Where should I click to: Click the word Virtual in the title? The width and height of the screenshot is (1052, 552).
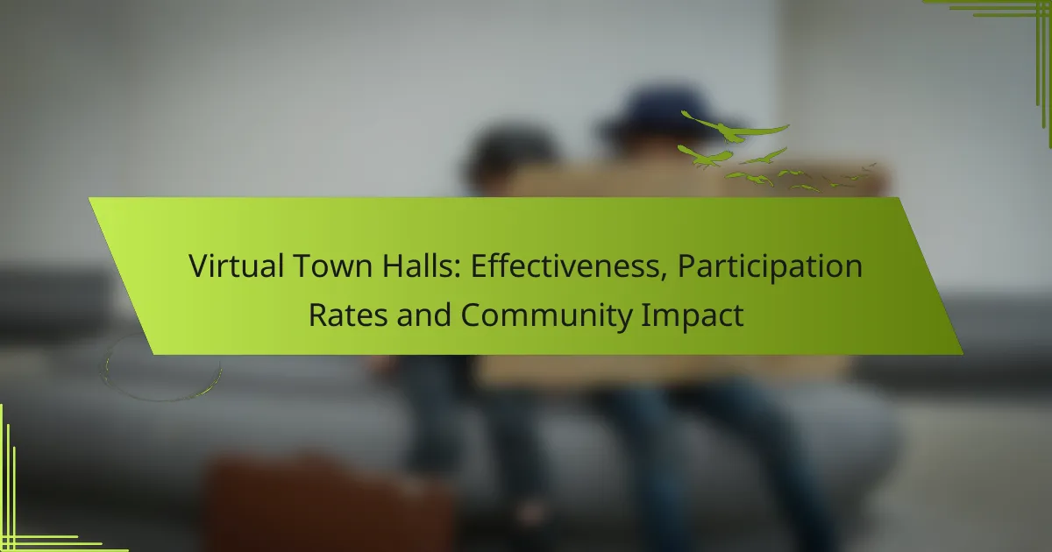(x=236, y=265)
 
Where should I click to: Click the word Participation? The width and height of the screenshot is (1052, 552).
(x=770, y=267)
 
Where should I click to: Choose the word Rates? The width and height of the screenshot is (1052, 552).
(x=348, y=315)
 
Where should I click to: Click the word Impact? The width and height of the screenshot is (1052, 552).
(x=693, y=317)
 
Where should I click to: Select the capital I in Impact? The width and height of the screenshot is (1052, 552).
(x=644, y=315)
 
